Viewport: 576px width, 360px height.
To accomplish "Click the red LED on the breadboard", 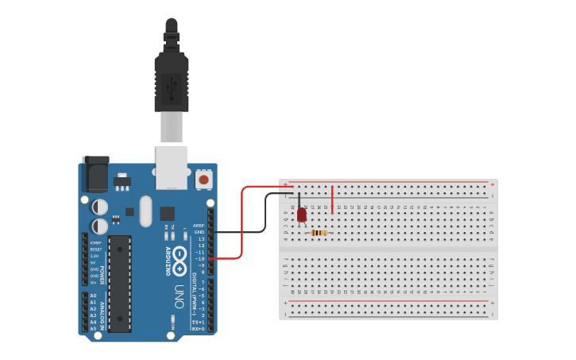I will coord(302,214).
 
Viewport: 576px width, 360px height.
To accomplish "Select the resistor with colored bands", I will coord(319,233).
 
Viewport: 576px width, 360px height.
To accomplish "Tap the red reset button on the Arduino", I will coord(204,180).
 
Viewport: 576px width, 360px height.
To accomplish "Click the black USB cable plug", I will coord(172,79).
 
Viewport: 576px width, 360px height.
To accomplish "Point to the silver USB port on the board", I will coord(172,166).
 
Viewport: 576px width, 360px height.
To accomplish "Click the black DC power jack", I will coord(95,174).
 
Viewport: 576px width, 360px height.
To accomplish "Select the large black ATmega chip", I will coord(120,283).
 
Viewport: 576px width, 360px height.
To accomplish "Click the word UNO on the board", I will coord(179,296).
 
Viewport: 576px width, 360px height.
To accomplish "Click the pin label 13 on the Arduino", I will coord(201,238).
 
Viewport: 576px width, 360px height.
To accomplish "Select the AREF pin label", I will coord(199,226).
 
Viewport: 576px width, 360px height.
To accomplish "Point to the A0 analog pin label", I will coord(93,296).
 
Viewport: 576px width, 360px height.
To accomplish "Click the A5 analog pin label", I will coord(93,328).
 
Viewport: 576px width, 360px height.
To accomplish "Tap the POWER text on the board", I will coord(102,275).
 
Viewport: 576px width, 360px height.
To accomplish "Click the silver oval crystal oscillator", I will coord(145,211).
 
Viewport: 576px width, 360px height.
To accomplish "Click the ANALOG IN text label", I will coord(102,312).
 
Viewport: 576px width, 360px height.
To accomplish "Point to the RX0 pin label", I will coord(199,328).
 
